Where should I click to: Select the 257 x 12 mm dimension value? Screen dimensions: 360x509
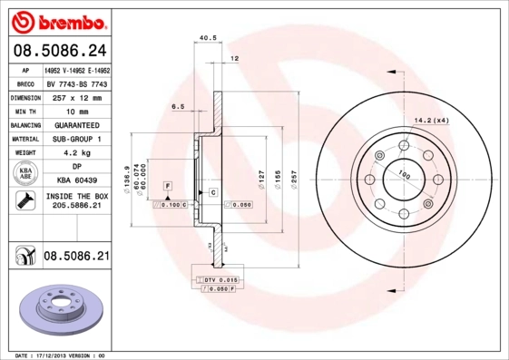(x=75, y=96)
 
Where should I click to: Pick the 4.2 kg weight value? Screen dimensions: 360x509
(x=75, y=153)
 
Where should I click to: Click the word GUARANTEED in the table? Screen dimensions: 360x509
(x=75, y=124)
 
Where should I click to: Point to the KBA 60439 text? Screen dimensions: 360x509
(x=75, y=181)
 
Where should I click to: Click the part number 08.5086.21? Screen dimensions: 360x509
(x=75, y=258)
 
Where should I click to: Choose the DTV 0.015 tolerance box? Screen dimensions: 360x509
(x=219, y=281)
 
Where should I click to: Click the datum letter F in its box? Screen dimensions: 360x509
(x=168, y=185)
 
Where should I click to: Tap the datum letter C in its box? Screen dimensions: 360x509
(x=212, y=192)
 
